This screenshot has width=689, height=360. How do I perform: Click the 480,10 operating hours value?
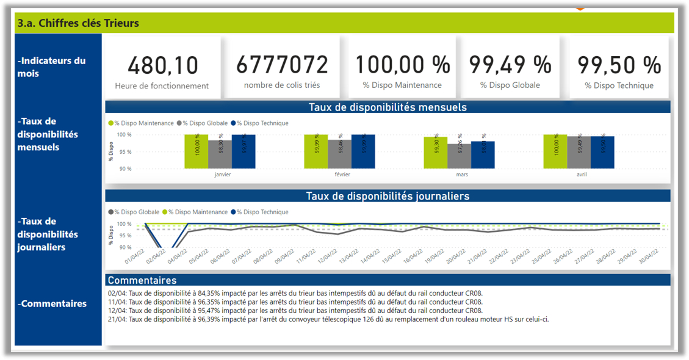(162, 64)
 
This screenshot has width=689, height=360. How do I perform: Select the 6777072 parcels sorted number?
(282, 64)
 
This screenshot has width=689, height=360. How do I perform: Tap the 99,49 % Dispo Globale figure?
(510, 64)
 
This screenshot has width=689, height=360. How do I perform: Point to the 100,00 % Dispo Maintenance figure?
(402, 64)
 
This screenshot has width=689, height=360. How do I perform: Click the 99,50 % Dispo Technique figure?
(619, 65)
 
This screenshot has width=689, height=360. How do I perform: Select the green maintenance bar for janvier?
(197, 151)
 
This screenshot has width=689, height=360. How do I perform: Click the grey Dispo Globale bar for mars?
(459, 156)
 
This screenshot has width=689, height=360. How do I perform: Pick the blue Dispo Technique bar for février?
(363, 151)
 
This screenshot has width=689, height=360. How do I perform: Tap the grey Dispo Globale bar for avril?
(579, 152)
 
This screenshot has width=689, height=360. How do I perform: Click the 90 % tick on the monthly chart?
(124, 168)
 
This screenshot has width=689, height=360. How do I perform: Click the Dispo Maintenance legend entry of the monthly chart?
(143, 123)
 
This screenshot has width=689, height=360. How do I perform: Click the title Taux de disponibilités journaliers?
(388, 196)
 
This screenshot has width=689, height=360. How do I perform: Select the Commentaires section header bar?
(388, 280)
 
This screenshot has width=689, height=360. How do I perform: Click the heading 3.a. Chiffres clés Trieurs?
(78, 23)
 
